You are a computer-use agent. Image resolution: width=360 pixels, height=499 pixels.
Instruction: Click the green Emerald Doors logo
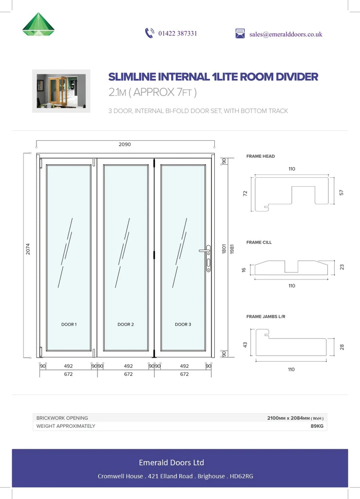(38, 24)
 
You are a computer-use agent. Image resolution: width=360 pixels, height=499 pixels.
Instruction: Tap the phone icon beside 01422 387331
(150, 33)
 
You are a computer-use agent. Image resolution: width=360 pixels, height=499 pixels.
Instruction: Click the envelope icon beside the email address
(240, 34)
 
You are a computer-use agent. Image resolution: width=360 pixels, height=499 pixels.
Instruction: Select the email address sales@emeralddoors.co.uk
(285, 35)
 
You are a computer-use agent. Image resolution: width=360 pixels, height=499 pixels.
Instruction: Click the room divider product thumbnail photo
(61, 91)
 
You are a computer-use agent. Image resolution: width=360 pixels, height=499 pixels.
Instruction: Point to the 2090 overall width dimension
(125, 144)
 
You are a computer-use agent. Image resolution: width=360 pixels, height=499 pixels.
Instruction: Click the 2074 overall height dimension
(28, 249)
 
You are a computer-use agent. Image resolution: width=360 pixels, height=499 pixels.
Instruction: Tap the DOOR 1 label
(69, 324)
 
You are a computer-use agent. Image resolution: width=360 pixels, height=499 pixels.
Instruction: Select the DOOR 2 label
(126, 324)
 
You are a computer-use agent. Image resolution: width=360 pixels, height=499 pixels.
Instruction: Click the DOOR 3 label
(183, 324)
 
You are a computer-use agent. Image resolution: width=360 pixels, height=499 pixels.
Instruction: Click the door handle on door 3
(206, 258)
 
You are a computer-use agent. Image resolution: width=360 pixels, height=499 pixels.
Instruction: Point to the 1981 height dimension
(232, 249)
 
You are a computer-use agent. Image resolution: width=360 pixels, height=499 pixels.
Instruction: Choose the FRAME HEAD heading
(261, 156)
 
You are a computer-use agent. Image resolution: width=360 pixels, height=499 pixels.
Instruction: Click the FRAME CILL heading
(259, 242)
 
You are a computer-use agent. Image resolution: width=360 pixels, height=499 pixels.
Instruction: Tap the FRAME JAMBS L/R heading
(265, 316)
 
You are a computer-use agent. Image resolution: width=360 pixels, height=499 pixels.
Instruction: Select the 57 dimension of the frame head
(341, 192)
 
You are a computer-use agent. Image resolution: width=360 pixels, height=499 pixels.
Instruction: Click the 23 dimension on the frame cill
(342, 268)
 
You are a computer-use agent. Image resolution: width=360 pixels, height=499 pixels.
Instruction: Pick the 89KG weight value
(317, 426)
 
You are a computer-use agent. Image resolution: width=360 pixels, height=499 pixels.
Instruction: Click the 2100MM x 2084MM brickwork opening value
(295, 418)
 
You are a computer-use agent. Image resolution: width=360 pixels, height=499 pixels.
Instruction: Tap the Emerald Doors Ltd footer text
(171, 462)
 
